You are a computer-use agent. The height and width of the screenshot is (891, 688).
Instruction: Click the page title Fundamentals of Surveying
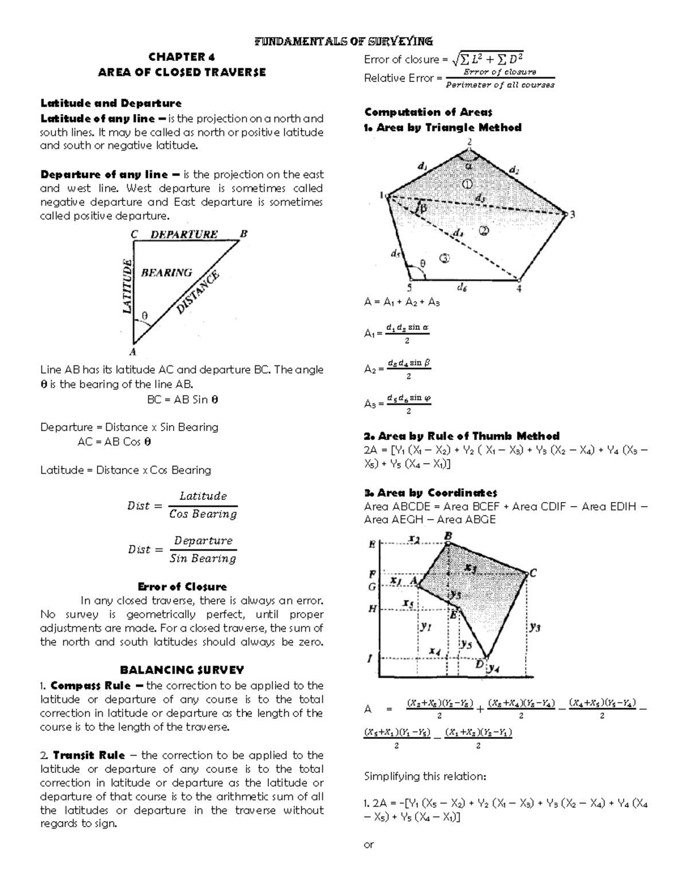(x=343, y=41)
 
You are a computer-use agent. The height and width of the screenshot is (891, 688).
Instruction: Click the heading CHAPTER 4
(x=181, y=56)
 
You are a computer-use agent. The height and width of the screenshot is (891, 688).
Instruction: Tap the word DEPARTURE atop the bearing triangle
(x=184, y=234)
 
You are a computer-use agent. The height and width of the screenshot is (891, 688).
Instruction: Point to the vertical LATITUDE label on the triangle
(x=128, y=286)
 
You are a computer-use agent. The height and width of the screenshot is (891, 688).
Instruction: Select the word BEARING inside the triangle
(x=167, y=273)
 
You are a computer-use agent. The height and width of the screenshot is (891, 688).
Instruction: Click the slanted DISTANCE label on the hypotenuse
(x=198, y=293)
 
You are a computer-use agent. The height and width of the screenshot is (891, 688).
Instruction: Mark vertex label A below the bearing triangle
(x=133, y=352)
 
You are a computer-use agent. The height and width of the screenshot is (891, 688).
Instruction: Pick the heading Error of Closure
(x=182, y=586)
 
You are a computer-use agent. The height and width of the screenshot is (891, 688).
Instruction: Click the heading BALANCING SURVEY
(x=182, y=670)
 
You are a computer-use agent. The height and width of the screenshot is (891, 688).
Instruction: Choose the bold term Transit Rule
(x=89, y=755)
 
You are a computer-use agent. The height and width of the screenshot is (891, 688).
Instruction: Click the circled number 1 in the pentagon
(x=467, y=184)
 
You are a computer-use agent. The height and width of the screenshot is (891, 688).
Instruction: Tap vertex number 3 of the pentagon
(x=572, y=214)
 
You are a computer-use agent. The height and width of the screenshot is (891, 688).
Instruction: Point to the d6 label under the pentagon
(x=462, y=288)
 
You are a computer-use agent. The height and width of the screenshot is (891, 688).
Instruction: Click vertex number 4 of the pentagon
(x=519, y=289)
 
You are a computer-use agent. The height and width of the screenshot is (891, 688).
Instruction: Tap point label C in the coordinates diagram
(x=533, y=573)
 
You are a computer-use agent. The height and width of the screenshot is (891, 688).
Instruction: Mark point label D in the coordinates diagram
(x=479, y=664)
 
